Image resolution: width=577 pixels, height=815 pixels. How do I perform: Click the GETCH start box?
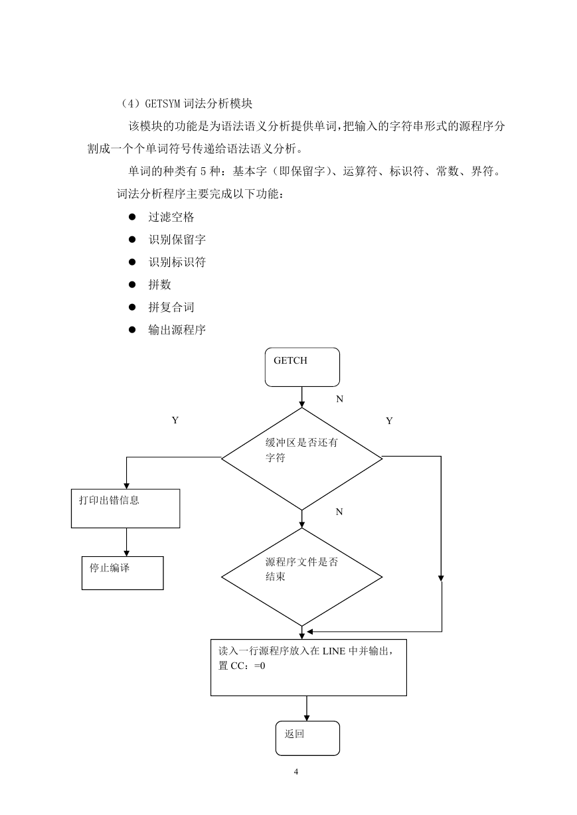[x=302, y=367]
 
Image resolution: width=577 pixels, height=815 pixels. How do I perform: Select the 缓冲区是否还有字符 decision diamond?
[x=302, y=459]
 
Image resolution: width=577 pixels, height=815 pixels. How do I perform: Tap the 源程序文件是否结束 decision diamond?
[x=302, y=577]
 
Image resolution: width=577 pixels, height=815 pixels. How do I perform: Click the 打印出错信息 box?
[x=125, y=508]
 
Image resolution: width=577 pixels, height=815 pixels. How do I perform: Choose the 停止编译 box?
[x=123, y=573]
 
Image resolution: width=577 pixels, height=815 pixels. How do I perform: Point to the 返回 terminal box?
[x=307, y=738]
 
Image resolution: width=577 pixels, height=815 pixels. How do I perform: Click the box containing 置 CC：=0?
[x=309, y=668]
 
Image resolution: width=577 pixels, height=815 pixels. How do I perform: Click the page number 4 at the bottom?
[x=296, y=772]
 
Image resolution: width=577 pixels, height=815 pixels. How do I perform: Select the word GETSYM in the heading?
[x=163, y=104]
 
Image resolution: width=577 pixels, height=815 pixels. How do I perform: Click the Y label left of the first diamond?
[x=175, y=421]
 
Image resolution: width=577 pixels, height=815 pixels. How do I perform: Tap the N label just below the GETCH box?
[x=340, y=399]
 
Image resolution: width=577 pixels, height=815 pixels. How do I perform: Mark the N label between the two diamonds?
[x=339, y=512]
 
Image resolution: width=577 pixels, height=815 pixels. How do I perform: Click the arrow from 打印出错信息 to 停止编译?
[x=127, y=542]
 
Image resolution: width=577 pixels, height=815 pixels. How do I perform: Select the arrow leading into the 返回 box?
[x=307, y=709]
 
